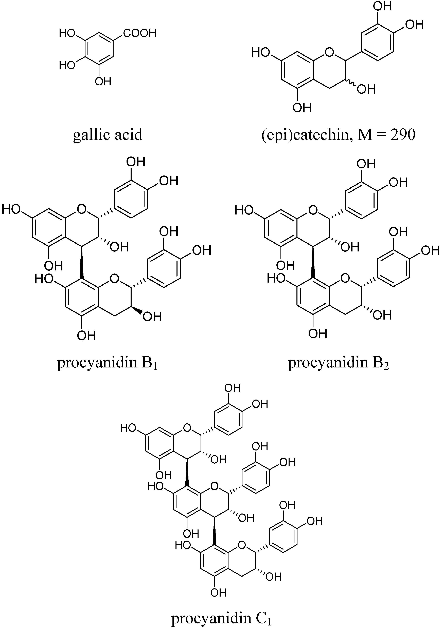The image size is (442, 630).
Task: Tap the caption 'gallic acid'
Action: coord(108,134)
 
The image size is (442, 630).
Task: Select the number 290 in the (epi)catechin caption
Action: coord(403,134)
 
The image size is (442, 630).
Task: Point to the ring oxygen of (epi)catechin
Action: coord(329,51)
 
